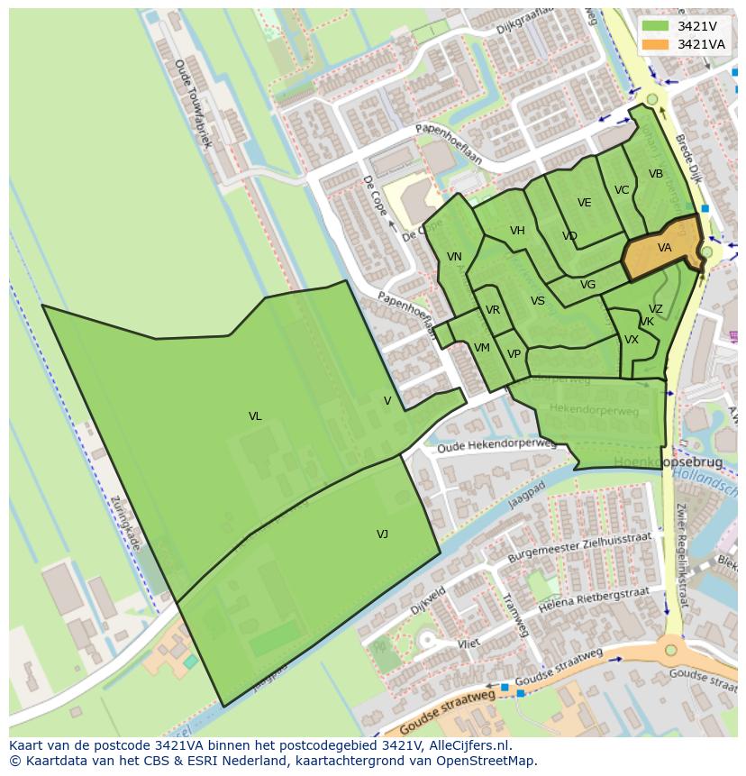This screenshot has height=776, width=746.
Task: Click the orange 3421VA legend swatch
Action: [x=656, y=44]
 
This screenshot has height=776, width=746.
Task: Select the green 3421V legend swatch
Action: [x=656, y=26]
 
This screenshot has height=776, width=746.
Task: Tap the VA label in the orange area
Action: [x=664, y=248]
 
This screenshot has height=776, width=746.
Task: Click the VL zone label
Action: [x=255, y=416]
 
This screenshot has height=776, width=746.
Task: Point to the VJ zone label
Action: [x=382, y=534]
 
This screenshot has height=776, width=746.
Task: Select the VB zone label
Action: [x=656, y=174]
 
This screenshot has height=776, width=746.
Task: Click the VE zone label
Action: [x=585, y=203]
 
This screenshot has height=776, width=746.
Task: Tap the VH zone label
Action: [x=517, y=231]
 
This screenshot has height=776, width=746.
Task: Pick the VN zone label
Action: [x=454, y=257]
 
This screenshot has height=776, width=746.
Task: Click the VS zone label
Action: [x=538, y=302]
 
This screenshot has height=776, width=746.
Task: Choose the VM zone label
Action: [x=482, y=348]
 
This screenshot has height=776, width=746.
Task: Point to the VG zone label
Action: [x=587, y=285]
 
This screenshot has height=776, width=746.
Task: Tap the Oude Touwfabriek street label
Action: [x=192, y=104]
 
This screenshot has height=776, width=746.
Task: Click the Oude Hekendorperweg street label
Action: [x=496, y=445]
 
